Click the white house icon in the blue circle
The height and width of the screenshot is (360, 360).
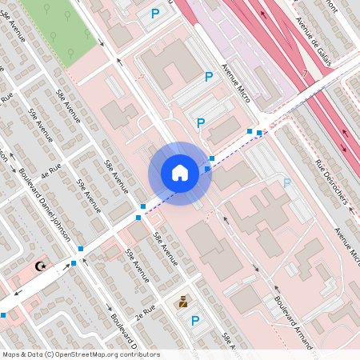click(179, 173)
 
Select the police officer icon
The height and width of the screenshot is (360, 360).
click(183, 302)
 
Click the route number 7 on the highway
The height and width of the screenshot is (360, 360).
click(305, 74)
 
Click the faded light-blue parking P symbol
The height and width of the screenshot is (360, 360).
click(287, 183)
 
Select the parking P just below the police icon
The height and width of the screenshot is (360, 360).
click(195, 321)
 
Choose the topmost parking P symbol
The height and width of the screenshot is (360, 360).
click(155, 13)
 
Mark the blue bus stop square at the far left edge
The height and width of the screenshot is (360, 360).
click(3, 315)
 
